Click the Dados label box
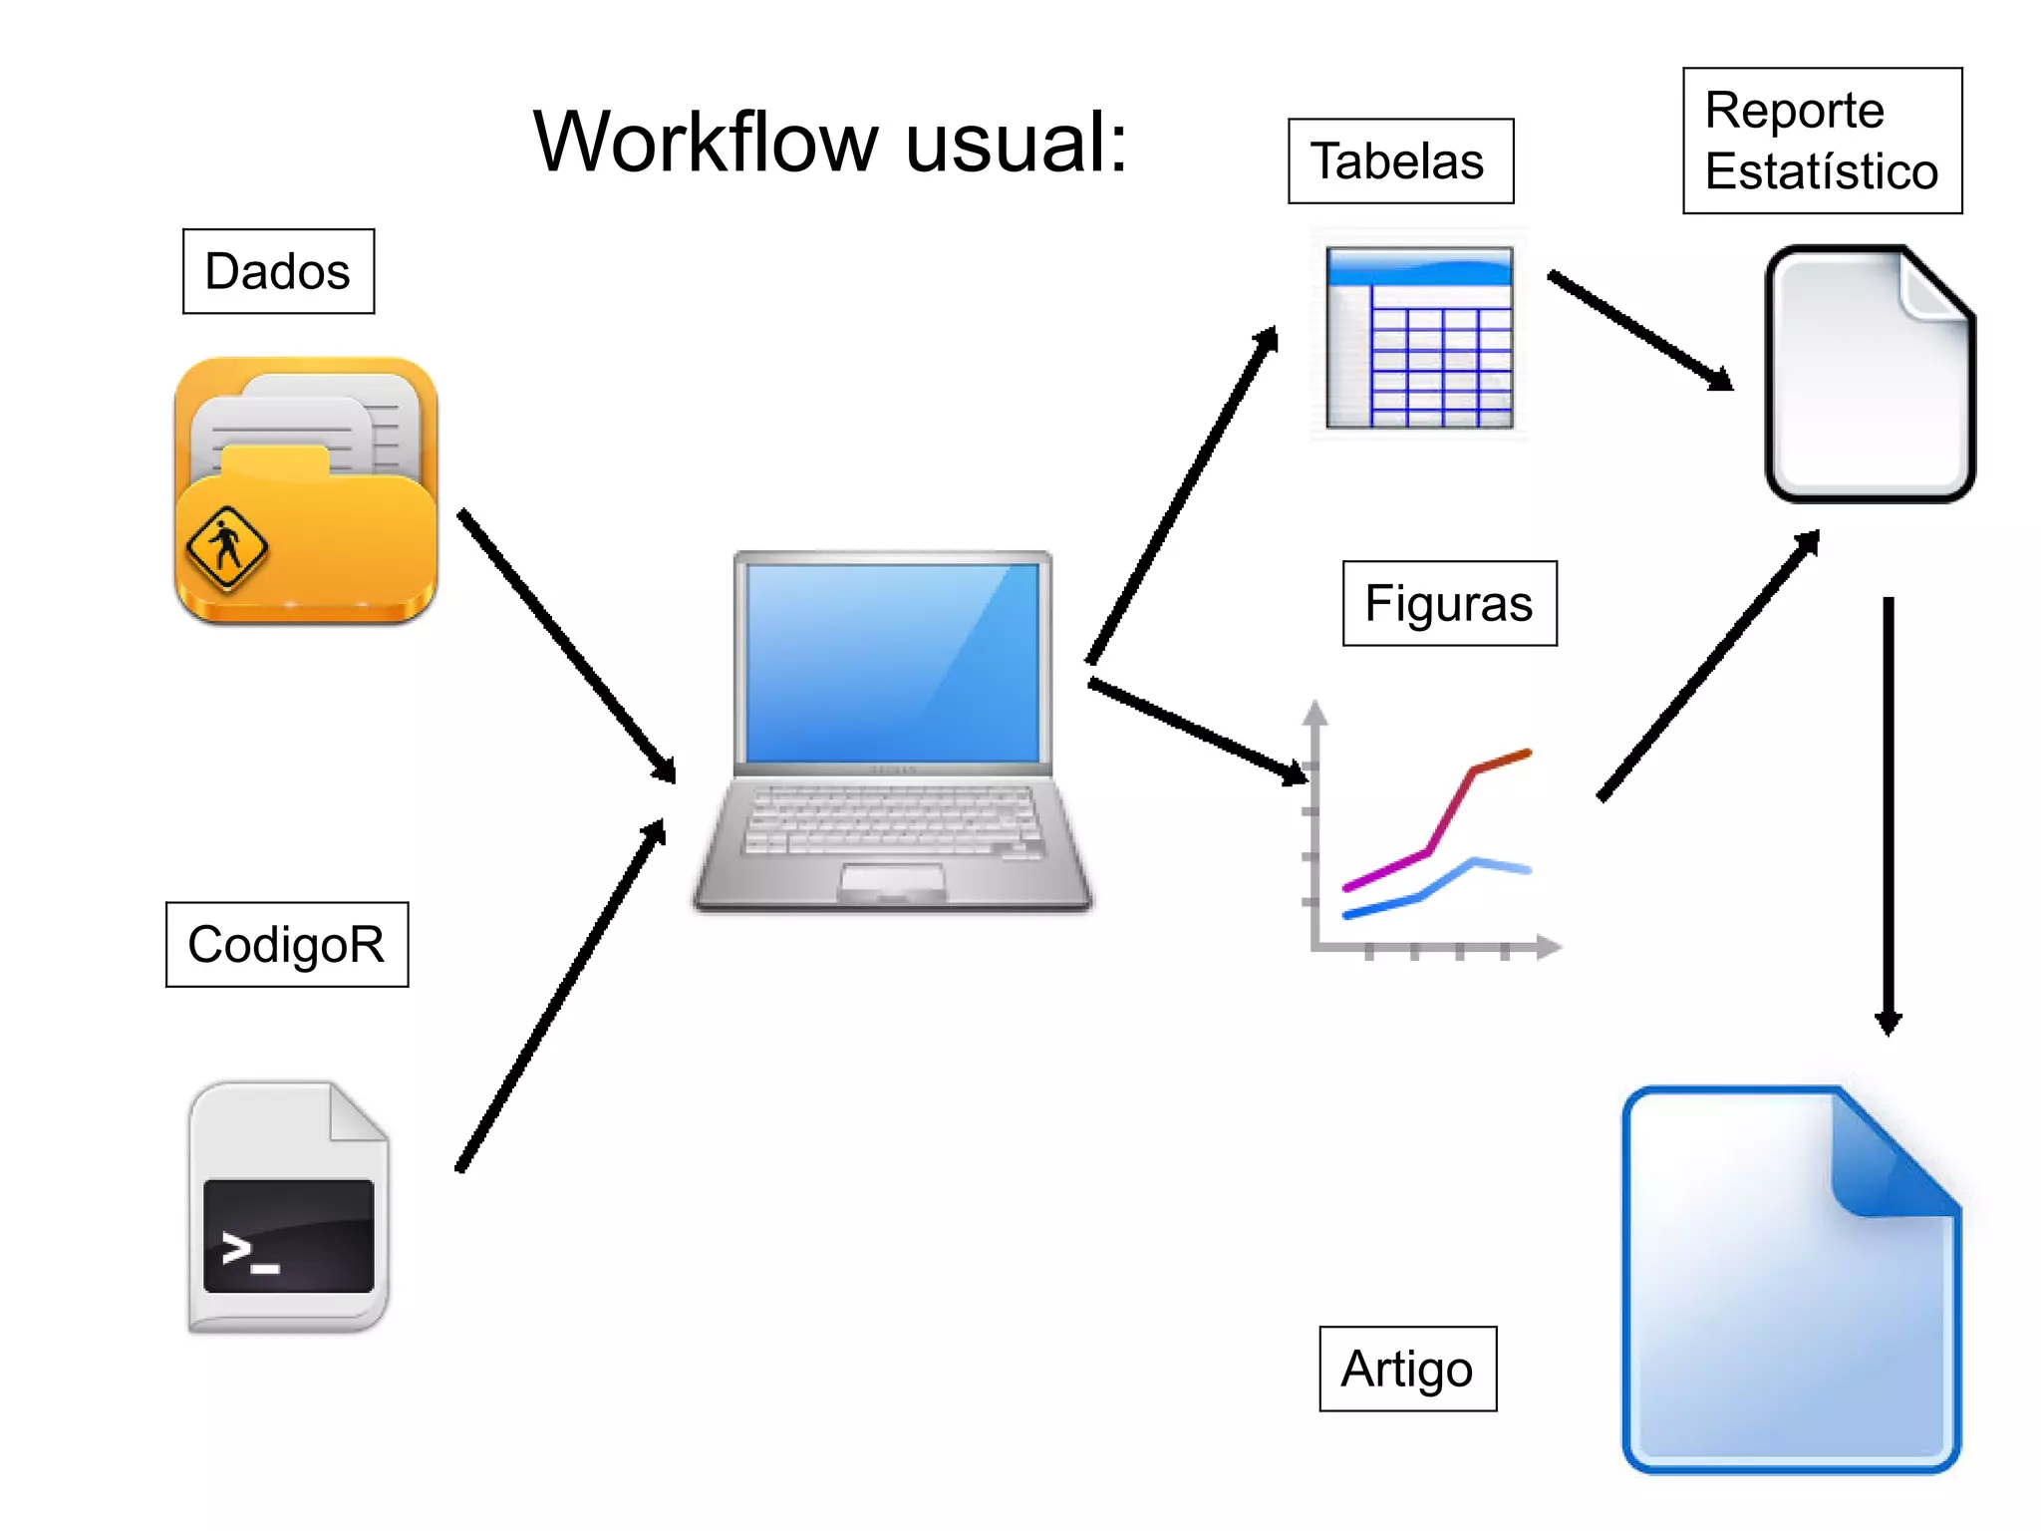[x=278, y=271]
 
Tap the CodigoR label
[x=286, y=944]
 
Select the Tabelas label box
[x=1399, y=161]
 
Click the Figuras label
[x=1449, y=603]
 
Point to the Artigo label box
[x=1407, y=1369]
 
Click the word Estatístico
[x=1821, y=171]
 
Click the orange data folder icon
[x=306, y=490]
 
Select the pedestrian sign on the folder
[x=227, y=546]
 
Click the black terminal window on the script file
[x=288, y=1235]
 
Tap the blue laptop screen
[x=892, y=663]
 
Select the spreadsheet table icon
[x=1419, y=337]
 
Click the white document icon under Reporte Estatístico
[x=1870, y=374]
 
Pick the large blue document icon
[x=1791, y=1279]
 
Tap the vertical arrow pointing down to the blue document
[x=1888, y=812]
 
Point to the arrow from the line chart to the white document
[x=1708, y=666]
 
